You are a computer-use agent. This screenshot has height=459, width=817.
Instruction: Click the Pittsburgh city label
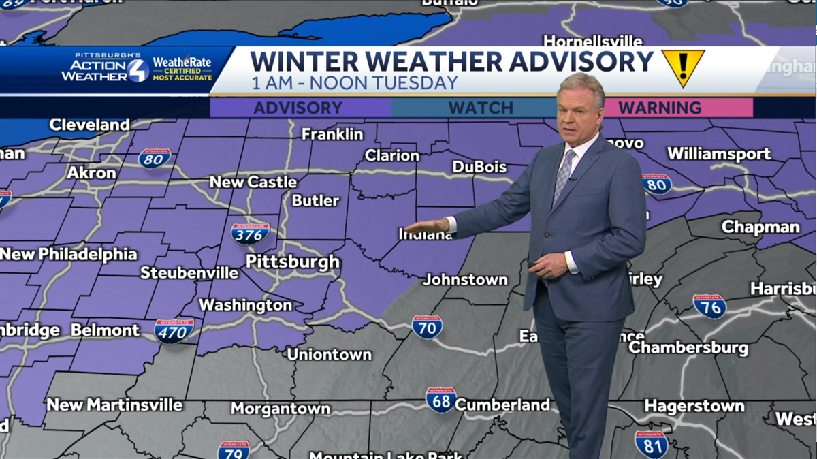tap(292, 262)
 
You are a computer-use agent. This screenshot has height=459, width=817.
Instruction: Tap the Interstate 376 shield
tap(250, 234)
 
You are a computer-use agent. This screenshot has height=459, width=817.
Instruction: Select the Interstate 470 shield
tap(174, 330)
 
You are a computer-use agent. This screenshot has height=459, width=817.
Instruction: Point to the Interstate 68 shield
tap(441, 400)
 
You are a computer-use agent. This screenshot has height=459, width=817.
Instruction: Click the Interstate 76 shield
tap(709, 306)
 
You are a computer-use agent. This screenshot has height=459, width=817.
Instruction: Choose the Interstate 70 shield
tap(427, 327)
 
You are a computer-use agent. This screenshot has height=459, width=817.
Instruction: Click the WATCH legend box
tap(481, 108)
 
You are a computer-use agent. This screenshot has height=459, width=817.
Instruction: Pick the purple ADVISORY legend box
tap(300, 108)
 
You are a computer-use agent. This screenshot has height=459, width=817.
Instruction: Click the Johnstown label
tap(465, 279)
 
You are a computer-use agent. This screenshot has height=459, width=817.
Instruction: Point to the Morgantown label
tap(280, 409)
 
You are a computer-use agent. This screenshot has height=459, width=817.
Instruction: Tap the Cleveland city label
tap(89, 125)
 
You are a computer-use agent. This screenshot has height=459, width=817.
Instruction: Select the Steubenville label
tap(189, 273)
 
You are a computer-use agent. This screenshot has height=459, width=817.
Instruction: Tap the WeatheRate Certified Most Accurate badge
tap(182, 69)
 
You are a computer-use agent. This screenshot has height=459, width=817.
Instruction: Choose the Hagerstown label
tap(694, 406)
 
